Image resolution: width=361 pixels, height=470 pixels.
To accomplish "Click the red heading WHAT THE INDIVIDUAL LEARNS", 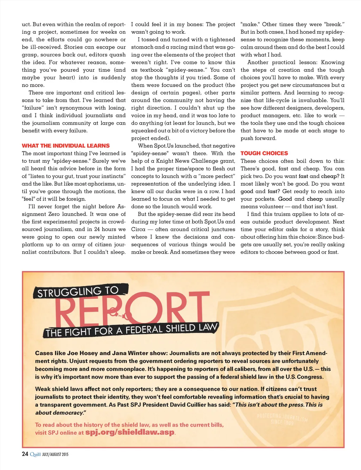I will pyautogui.click(x=66, y=146).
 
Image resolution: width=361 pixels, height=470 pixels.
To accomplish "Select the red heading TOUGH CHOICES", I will pyautogui.click(x=264, y=153).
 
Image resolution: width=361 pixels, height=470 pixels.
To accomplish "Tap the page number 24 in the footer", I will pyautogui.click(x=25, y=454).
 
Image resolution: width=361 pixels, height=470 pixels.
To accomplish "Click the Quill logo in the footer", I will pyautogui.click(x=35, y=454).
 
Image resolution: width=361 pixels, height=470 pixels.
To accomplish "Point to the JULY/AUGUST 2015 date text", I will pyautogui.click(x=55, y=454).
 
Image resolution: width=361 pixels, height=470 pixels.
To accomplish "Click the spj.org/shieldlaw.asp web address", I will pyautogui.click(x=130, y=432).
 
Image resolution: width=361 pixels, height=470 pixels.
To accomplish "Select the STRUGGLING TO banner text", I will pyautogui.click(x=78, y=292).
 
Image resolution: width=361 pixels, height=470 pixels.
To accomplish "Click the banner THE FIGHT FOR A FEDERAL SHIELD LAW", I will pyautogui.click(x=131, y=330).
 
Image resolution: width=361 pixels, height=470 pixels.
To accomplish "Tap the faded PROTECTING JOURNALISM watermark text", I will pyautogui.click(x=282, y=418).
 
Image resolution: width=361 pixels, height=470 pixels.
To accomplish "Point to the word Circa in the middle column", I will pyautogui.click(x=138, y=229).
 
